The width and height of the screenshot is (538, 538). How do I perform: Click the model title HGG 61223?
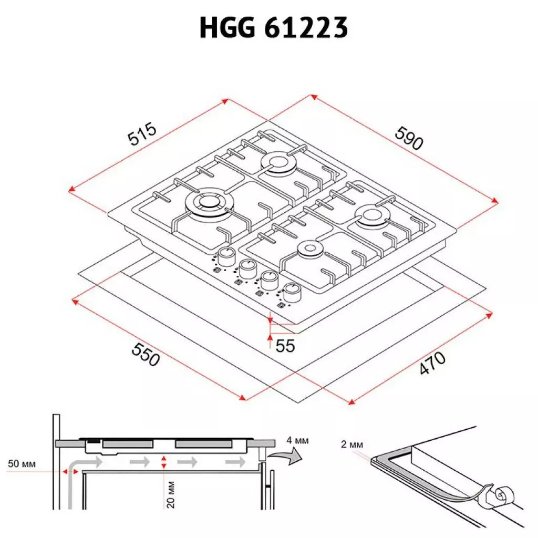click(x=274, y=28)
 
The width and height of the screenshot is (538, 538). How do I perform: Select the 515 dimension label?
click(x=142, y=134)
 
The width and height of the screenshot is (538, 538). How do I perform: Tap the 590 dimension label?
click(x=408, y=138)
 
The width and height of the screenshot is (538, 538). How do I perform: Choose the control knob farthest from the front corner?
click(x=226, y=256)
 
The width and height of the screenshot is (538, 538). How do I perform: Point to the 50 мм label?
click(x=22, y=464)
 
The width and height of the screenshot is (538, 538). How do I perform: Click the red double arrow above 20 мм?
click(x=164, y=462)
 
